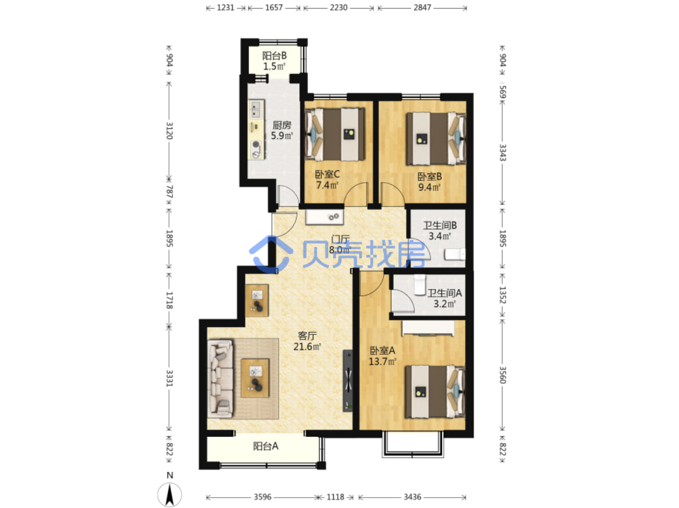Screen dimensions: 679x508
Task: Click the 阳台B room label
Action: tap(274, 55)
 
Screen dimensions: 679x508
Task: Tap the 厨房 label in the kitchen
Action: tap(281, 125)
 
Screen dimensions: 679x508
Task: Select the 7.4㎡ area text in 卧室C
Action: tap(327, 185)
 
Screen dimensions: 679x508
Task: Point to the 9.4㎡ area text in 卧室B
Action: tap(429, 187)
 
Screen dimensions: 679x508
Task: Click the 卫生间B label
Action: tap(440, 225)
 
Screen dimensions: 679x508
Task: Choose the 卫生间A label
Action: tap(445, 293)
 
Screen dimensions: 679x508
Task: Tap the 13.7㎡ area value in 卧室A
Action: tap(383, 361)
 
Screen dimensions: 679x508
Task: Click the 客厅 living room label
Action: tap(307, 335)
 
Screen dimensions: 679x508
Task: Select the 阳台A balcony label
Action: tap(265, 446)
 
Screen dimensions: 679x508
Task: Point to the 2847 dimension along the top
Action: tap(422, 7)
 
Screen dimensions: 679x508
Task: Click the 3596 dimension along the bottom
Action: tap(263, 497)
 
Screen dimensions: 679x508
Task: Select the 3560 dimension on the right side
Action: tap(502, 374)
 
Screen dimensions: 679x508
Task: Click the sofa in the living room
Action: tap(220, 379)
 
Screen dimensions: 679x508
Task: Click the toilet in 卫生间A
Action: tap(419, 285)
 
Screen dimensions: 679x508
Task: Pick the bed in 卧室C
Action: tap(335, 134)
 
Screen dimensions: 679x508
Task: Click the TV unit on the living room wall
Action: tap(348, 380)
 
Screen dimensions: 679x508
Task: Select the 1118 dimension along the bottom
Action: tap(336, 497)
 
